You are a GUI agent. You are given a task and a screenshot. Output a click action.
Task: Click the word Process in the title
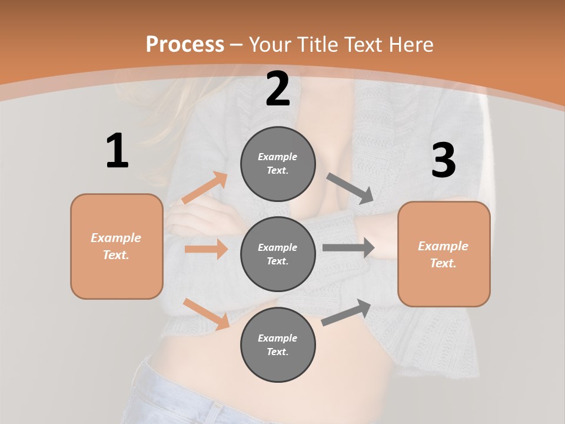tap(185, 44)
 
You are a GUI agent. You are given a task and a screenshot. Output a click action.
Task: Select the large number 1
tap(117, 151)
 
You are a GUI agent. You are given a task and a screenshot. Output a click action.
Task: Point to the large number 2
tap(278, 89)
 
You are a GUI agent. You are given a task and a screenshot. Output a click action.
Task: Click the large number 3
tap(443, 160)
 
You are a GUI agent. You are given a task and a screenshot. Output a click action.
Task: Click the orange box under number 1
tap(117, 246)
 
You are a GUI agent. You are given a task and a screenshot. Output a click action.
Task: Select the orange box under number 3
tap(444, 254)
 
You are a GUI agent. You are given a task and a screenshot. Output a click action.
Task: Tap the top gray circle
tap(278, 164)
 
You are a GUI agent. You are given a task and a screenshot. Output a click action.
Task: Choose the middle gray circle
tap(278, 254)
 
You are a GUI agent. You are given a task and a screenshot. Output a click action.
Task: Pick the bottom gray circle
tap(278, 344)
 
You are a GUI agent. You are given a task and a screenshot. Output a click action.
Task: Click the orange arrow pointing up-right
tap(205, 188)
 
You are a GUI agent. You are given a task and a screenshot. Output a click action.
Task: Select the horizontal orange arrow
tap(206, 249)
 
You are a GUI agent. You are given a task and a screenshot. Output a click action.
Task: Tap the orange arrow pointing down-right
tap(206, 313)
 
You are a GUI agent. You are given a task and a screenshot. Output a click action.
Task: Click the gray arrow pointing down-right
tap(350, 188)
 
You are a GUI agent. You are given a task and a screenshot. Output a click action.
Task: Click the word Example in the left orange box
tap(116, 238)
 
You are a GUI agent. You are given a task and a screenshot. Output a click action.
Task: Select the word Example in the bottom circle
tap(277, 338)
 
